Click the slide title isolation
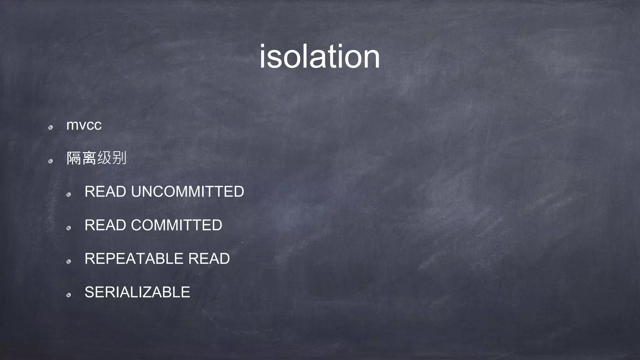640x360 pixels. (x=319, y=57)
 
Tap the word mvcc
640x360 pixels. (x=84, y=125)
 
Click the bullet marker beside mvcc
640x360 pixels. (x=50, y=127)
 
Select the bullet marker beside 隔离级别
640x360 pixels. (x=50, y=161)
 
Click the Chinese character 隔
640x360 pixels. (x=74, y=158)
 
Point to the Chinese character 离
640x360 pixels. (x=89, y=158)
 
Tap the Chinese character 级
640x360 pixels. (x=104, y=158)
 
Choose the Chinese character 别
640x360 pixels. (x=119, y=158)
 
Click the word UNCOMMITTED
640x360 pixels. (x=187, y=192)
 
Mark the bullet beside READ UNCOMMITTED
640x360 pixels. (x=68, y=195)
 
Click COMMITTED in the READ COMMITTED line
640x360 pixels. (x=177, y=225)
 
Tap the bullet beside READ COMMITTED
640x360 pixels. (x=68, y=228)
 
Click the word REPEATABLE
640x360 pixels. (x=134, y=259)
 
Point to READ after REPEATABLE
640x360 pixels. (x=209, y=259)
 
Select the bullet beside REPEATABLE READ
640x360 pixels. (x=68, y=262)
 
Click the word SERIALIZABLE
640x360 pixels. (x=137, y=292)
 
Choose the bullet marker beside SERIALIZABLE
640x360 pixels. (x=68, y=295)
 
